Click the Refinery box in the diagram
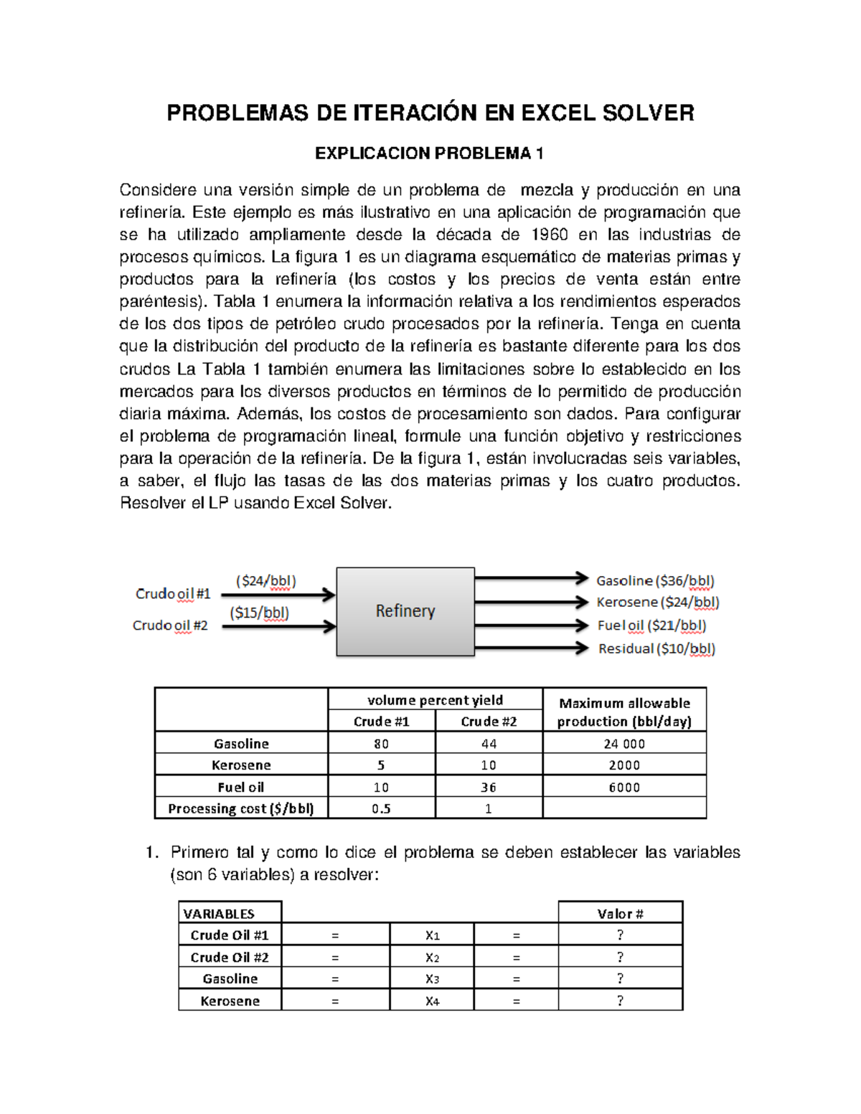(405, 611)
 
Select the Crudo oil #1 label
(173, 594)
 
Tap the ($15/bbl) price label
(259, 613)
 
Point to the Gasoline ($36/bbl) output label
(655, 580)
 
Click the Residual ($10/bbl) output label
(657, 648)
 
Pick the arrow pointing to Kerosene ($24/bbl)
(531, 602)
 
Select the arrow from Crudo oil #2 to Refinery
(278, 626)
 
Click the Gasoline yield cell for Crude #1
(381, 744)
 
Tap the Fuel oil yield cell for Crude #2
(489, 787)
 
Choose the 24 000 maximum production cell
(624, 744)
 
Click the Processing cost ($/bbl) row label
(241, 808)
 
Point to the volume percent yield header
(435, 700)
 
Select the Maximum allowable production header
(624, 712)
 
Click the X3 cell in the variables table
(432, 979)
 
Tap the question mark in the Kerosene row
(620, 1001)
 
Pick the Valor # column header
(620, 913)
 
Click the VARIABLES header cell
(219, 913)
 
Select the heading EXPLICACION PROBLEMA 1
(430, 154)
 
